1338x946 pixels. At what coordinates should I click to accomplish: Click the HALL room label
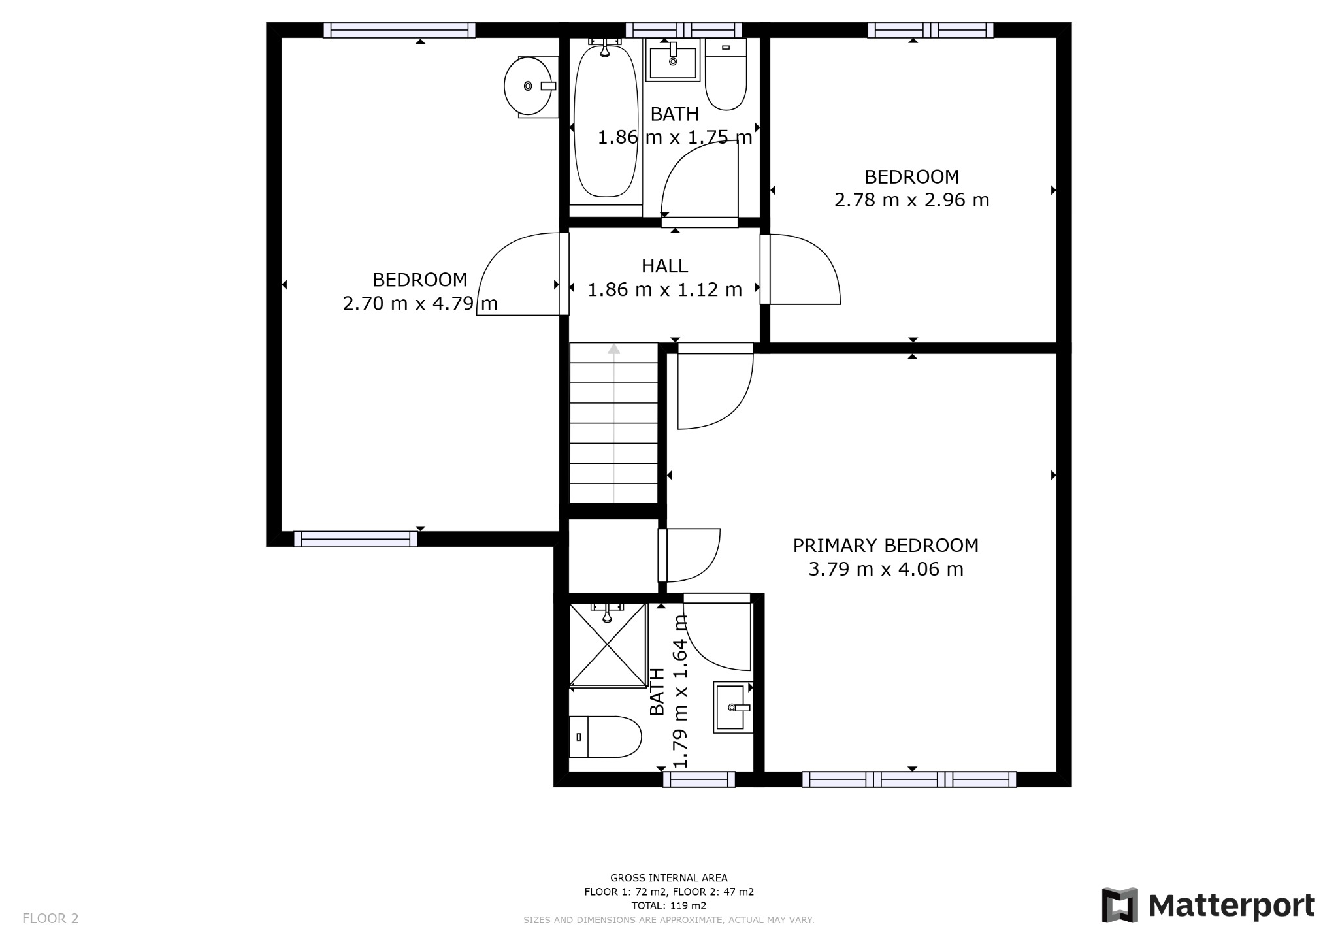click(664, 266)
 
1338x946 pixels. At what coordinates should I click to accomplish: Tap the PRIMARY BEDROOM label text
click(886, 546)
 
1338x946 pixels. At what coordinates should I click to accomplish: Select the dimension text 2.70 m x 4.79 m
click(420, 304)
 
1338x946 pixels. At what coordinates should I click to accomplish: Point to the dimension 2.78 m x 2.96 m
click(912, 200)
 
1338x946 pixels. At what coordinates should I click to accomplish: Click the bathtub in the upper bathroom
click(605, 118)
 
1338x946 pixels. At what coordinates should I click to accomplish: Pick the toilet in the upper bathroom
click(726, 74)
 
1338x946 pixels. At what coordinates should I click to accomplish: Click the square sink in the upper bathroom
click(673, 59)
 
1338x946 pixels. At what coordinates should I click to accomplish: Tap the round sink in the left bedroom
click(530, 86)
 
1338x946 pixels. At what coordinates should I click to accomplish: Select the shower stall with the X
click(608, 645)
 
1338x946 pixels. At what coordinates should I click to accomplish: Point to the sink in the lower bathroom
click(733, 708)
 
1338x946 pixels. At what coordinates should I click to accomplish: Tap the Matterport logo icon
click(1120, 905)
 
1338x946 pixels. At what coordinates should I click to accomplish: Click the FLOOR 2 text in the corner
click(50, 919)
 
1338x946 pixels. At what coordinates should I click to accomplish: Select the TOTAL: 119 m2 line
click(669, 906)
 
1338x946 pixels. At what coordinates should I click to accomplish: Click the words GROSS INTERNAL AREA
click(669, 878)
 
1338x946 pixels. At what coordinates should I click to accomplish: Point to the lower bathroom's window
click(699, 779)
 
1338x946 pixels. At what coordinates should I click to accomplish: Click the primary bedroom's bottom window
click(909, 779)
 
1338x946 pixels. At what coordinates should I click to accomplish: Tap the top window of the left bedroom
click(400, 30)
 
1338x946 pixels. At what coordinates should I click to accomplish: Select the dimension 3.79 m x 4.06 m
click(886, 570)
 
